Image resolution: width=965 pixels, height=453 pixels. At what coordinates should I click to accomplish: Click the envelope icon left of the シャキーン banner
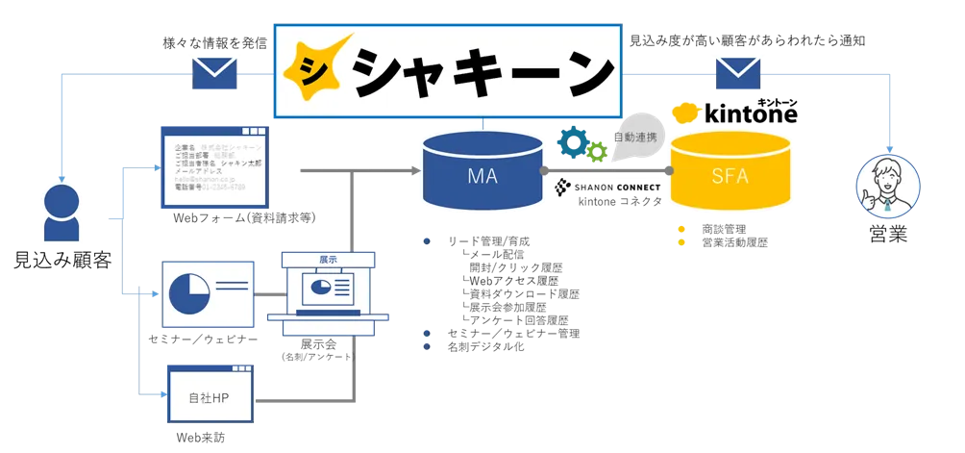(x=214, y=74)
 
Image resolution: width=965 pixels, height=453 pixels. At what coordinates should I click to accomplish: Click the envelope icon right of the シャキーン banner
(x=737, y=74)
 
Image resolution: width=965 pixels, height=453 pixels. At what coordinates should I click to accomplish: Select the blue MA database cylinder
(x=482, y=171)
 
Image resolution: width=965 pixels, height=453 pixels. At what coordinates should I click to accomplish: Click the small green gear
(x=597, y=151)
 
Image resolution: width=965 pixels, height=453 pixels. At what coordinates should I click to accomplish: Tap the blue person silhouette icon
(x=62, y=214)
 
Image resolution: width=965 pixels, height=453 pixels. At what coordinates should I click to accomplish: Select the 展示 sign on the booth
(x=329, y=260)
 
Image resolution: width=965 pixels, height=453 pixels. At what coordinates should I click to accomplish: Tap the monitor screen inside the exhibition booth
(x=328, y=290)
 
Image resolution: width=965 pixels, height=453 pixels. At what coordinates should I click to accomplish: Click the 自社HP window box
(x=210, y=394)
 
